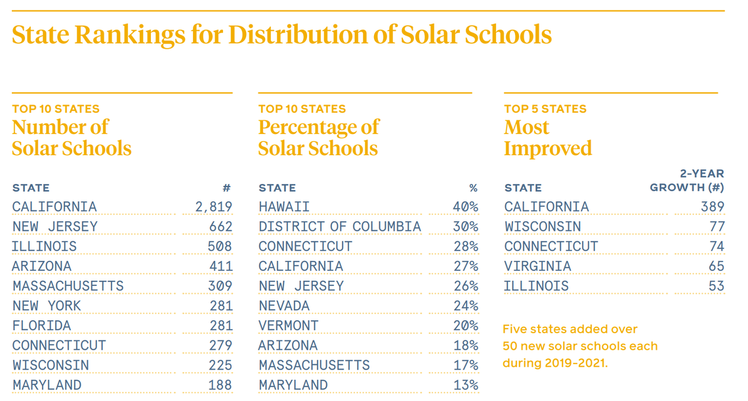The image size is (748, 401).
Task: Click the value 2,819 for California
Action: click(214, 207)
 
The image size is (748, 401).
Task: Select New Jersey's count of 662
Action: click(220, 227)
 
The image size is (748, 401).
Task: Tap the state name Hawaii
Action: click(283, 207)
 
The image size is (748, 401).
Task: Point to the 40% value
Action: click(465, 207)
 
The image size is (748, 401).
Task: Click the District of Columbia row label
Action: click(339, 227)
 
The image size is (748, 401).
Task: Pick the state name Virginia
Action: click(537, 266)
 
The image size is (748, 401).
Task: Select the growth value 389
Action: click(712, 207)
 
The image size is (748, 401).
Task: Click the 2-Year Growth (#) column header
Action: click(687, 181)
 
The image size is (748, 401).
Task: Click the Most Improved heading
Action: click(547, 137)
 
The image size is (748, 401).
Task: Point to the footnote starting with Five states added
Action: click(580, 346)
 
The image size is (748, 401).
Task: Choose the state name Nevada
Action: click(283, 306)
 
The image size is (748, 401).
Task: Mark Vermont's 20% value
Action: click(465, 325)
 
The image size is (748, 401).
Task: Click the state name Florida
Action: click(41, 325)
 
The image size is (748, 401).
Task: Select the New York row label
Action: click(47, 306)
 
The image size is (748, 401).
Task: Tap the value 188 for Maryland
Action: click(220, 385)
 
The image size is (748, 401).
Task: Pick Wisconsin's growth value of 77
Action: click(717, 227)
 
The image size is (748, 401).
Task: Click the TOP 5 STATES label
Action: click(545, 109)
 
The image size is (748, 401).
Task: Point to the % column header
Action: click(473, 188)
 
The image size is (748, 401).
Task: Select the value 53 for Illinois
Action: click(717, 286)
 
